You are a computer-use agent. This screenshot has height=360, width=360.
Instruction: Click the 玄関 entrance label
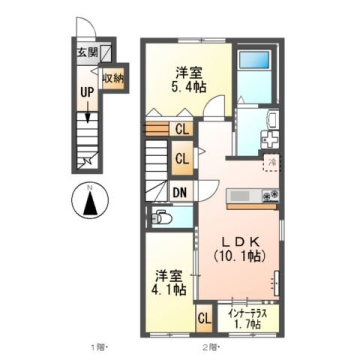(x=87, y=53)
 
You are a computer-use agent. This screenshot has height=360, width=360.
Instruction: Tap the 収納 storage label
(x=113, y=79)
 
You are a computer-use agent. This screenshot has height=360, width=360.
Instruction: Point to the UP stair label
(x=87, y=92)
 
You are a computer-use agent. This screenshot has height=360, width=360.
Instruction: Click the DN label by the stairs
(x=179, y=193)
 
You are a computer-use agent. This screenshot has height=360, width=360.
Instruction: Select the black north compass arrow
(x=90, y=203)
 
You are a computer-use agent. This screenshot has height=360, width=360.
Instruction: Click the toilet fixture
(x=161, y=217)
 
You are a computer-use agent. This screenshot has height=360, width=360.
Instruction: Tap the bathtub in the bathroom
(x=254, y=59)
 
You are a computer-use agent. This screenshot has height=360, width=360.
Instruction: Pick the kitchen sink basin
(x=239, y=196)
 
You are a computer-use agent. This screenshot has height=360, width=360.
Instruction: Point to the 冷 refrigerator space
(x=272, y=163)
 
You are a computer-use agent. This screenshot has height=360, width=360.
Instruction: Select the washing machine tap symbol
(x=270, y=139)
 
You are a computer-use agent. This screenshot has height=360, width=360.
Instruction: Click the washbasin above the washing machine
(x=274, y=119)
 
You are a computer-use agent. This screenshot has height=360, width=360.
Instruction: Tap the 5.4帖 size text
(x=189, y=87)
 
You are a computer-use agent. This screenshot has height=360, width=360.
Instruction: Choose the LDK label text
(x=240, y=242)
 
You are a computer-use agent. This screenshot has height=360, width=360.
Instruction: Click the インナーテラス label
(x=248, y=313)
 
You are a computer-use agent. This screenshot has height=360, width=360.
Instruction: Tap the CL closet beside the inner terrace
(x=205, y=319)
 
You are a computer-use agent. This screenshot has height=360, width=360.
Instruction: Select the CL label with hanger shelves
(x=182, y=129)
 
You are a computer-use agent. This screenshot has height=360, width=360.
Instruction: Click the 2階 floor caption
(x=211, y=348)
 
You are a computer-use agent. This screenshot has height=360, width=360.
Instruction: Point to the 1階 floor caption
(x=100, y=348)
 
